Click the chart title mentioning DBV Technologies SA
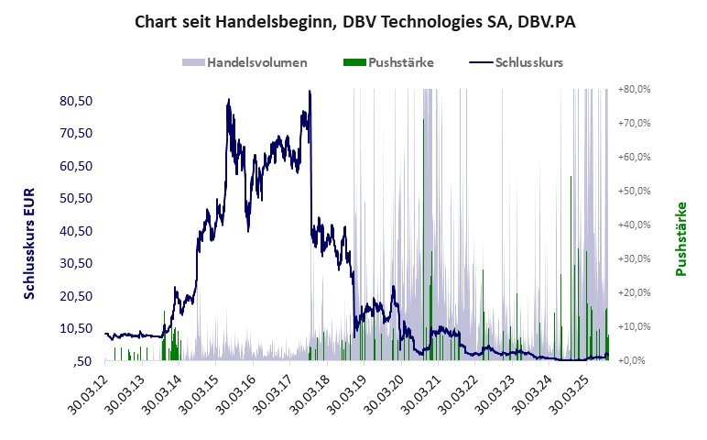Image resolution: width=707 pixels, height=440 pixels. [353, 21]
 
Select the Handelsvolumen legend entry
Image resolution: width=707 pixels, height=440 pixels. [245, 63]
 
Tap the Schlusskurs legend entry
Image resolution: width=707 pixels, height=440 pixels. [516, 63]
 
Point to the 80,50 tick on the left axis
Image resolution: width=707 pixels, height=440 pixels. [77, 100]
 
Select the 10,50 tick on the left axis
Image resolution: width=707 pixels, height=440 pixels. [77, 328]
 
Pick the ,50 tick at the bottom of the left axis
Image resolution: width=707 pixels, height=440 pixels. [85, 360]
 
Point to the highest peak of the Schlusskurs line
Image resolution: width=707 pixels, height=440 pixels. [310, 92]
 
